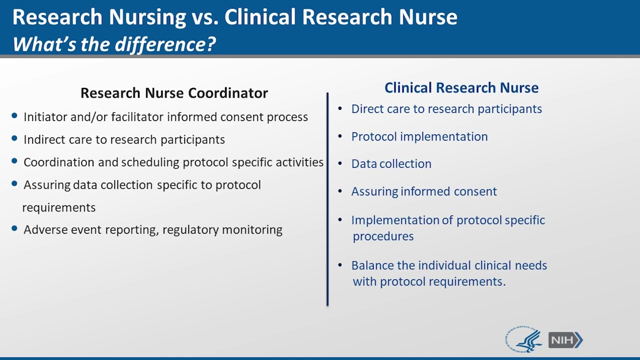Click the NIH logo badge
[565, 340]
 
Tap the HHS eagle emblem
[524, 340]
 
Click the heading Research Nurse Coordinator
[174, 93]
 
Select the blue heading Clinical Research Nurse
[461, 88]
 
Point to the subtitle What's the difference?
[114, 44]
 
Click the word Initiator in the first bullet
[44, 117]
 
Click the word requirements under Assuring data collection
[59, 207]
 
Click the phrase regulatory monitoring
[222, 230]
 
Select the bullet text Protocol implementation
[419, 136]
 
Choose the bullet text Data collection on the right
[391, 164]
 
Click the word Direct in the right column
[366, 109]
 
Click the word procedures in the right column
[383, 236]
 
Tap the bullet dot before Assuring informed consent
[340, 191]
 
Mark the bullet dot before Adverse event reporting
[14, 229]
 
